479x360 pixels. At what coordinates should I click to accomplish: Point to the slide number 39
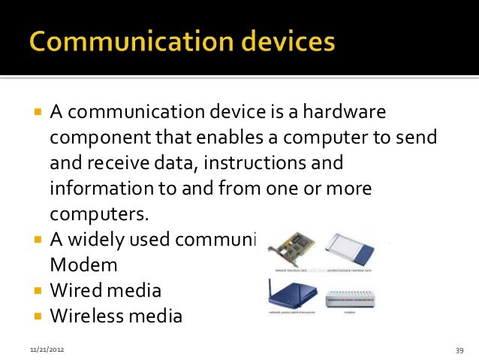coord(459,350)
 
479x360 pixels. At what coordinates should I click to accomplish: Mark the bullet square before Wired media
coord(37,289)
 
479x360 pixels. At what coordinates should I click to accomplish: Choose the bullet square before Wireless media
coord(37,315)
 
